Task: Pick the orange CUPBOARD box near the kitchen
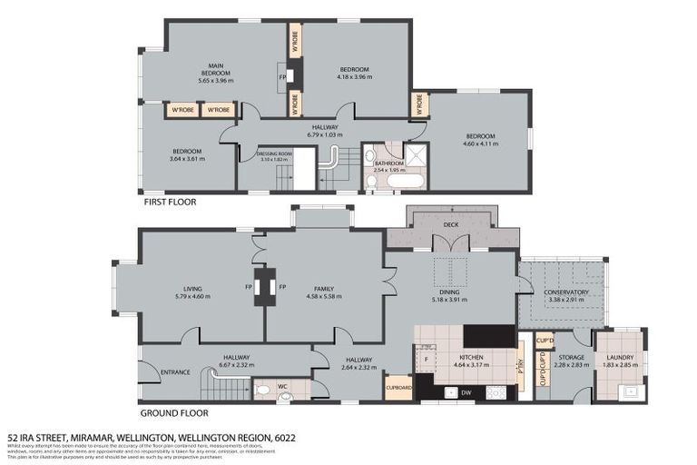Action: [x=398, y=388]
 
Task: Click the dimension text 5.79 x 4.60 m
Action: [x=191, y=296]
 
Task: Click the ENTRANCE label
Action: [x=175, y=372]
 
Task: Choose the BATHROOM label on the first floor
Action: [x=388, y=163]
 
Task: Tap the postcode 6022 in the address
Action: [x=286, y=437]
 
